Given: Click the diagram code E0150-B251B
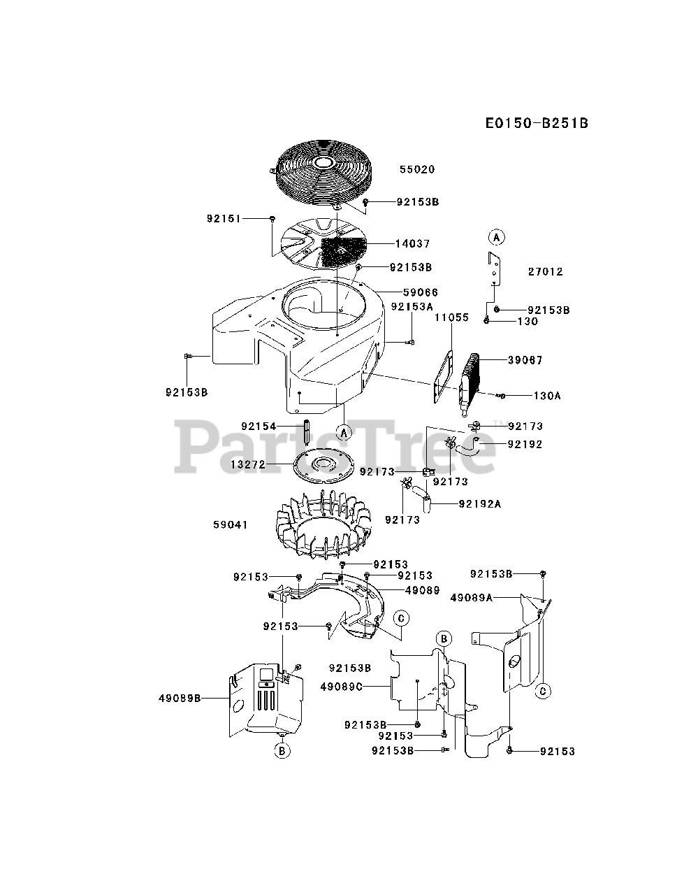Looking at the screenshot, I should pos(537,124).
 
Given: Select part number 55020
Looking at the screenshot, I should pos(417,169).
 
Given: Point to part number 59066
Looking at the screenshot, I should pos(421,292).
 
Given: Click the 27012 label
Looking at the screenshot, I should pos(546,271).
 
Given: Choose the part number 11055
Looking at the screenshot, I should pos(451,317).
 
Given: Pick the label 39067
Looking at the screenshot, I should pos(526,360).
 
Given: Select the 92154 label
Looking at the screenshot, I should pos(259,426).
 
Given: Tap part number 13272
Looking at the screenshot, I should pos(248,464).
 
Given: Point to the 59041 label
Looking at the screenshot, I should pos(231,524).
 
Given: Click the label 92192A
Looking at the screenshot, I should pos(480,503).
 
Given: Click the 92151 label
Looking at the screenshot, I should pos(224,219).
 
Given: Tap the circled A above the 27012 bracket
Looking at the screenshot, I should pos(495,236).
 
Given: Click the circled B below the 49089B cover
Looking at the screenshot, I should pos(281,752).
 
